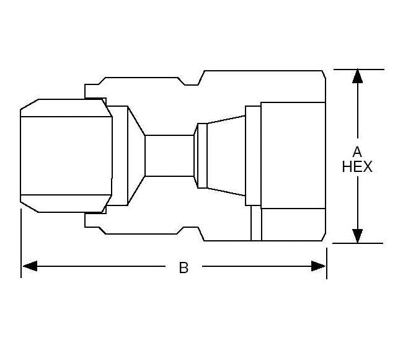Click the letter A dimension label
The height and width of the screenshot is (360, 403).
tap(357, 151)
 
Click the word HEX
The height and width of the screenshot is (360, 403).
tap(357, 167)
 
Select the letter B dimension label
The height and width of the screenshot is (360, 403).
tap(184, 268)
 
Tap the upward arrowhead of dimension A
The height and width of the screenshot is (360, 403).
tap(357, 76)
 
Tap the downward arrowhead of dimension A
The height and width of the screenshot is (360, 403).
tap(357, 236)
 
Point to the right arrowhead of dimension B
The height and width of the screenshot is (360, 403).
tap(319, 266)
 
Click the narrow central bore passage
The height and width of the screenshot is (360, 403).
tap(169, 156)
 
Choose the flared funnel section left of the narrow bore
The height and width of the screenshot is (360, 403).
tap(136, 155)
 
